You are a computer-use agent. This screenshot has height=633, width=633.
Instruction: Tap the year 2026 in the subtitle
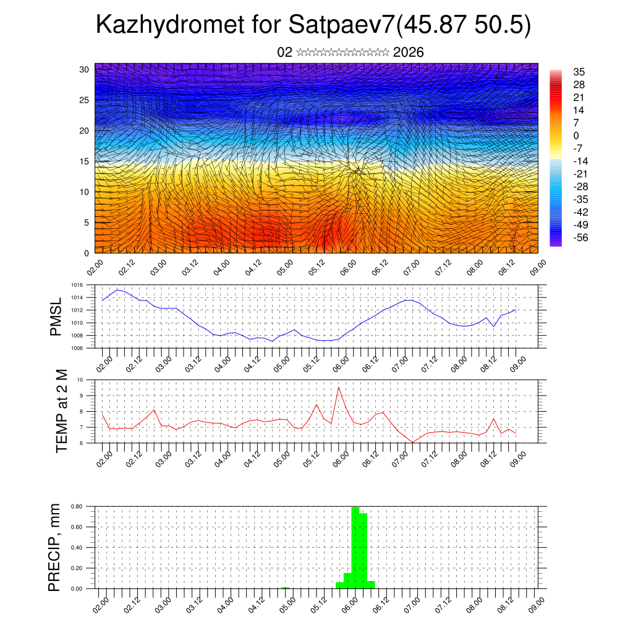point(408,52)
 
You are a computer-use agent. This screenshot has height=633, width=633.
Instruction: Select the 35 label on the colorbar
point(579,72)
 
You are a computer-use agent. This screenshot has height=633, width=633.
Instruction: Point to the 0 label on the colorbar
point(576,135)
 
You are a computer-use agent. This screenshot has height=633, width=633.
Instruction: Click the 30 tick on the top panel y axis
point(84,69)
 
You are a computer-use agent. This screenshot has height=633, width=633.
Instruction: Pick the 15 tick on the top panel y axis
point(84,161)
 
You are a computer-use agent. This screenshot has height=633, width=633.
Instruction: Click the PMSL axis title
point(56,316)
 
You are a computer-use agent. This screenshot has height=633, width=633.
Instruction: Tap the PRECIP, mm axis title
point(55,546)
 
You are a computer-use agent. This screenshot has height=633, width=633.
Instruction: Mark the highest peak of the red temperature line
point(339,388)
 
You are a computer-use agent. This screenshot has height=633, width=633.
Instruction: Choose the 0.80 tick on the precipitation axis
point(77,506)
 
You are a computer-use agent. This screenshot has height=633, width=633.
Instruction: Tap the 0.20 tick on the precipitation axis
point(77,568)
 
